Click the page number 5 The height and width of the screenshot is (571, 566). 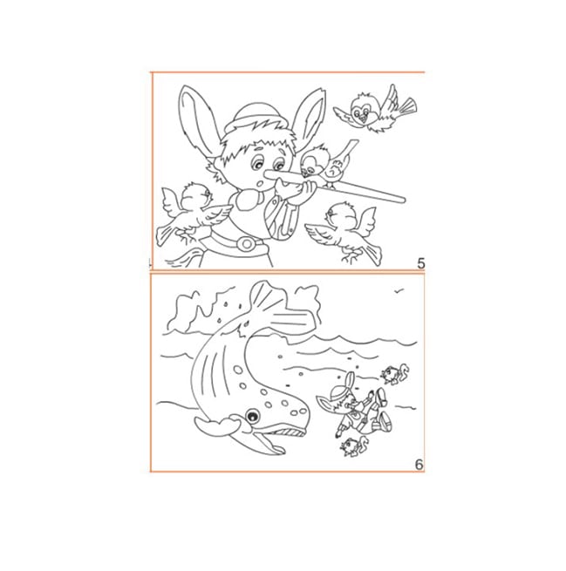(421, 263)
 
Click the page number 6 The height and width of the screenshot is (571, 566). (419, 465)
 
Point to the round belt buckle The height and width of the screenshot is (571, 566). (247, 243)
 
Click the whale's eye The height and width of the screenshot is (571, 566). (252, 416)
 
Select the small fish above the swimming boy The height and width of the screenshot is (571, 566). (394, 374)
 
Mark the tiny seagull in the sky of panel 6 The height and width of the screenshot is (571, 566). (399, 290)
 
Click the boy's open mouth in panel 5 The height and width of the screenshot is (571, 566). (259, 183)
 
